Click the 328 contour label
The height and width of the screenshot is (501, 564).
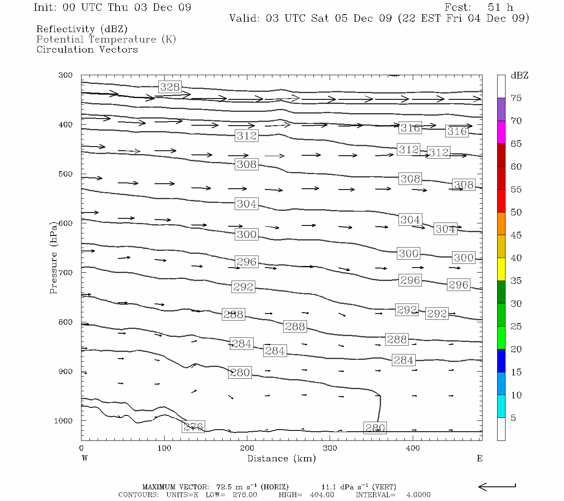coord(170,87)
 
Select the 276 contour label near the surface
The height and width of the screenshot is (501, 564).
coord(193,427)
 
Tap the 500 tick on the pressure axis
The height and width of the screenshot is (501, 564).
coord(66,174)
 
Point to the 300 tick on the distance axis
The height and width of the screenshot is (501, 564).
coord(330,448)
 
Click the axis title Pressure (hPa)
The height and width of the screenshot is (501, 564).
coord(53,261)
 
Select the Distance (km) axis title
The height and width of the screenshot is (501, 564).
coord(281,458)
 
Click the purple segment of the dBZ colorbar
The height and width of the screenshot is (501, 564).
coord(501,109)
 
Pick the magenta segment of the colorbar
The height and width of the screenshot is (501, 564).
coord(501,132)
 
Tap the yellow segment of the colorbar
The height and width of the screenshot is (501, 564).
coord(501,269)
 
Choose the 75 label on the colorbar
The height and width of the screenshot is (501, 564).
coord(516,98)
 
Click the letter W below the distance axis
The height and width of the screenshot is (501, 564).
coord(85,458)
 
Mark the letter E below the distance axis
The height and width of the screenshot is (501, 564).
coord(480,458)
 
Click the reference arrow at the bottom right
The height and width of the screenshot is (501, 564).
coord(497,486)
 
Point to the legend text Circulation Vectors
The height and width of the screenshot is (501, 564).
coord(87,50)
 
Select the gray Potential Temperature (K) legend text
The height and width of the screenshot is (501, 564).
coord(106,40)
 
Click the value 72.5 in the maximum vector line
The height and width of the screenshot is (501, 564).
coord(224,487)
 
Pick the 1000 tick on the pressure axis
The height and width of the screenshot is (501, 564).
coord(64,421)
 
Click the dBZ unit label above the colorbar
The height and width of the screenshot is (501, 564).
coord(519,76)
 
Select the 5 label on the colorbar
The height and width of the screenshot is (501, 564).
coord(513,418)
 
